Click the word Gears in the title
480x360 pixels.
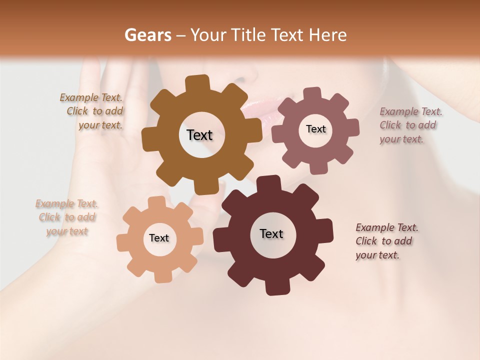[x=147, y=35]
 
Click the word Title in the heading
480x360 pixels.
[x=248, y=35]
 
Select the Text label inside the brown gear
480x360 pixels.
[x=199, y=135]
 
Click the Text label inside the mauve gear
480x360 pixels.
[x=315, y=129]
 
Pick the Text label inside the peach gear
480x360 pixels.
[x=159, y=238]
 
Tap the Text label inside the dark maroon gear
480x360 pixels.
[x=271, y=234]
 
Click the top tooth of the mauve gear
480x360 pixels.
[x=312, y=93]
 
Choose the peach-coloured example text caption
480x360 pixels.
[x=67, y=217]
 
